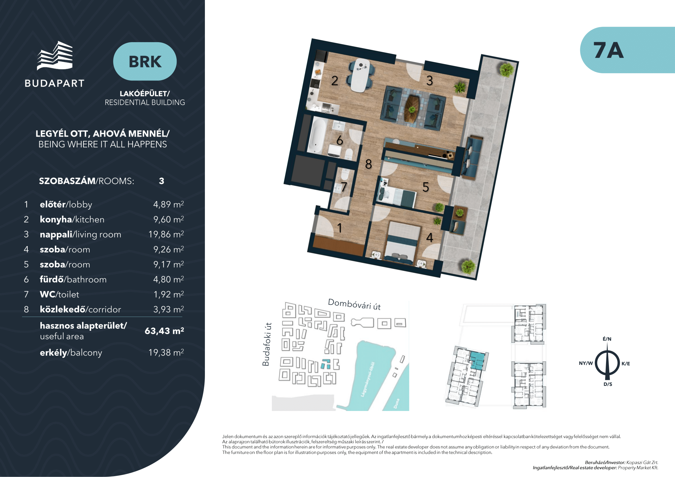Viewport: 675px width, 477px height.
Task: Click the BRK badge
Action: click(145, 61)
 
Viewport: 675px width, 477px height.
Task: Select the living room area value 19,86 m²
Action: click(166, 234)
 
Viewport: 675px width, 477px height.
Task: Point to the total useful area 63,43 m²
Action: click(164, 331)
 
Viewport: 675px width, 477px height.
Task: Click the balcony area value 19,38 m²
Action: click(166, 352)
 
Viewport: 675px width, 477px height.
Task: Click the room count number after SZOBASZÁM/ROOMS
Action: click(161, 181)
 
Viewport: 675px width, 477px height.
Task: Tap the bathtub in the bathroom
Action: click(316, 135)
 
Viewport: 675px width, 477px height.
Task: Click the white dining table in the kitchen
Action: click(360, 75)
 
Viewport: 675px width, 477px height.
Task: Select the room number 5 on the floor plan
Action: click(426, 187)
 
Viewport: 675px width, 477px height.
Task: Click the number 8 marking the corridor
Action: click(368, 164)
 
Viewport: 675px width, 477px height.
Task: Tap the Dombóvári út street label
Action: click(354, 304)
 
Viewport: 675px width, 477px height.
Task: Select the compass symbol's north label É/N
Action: click(607, 339)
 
